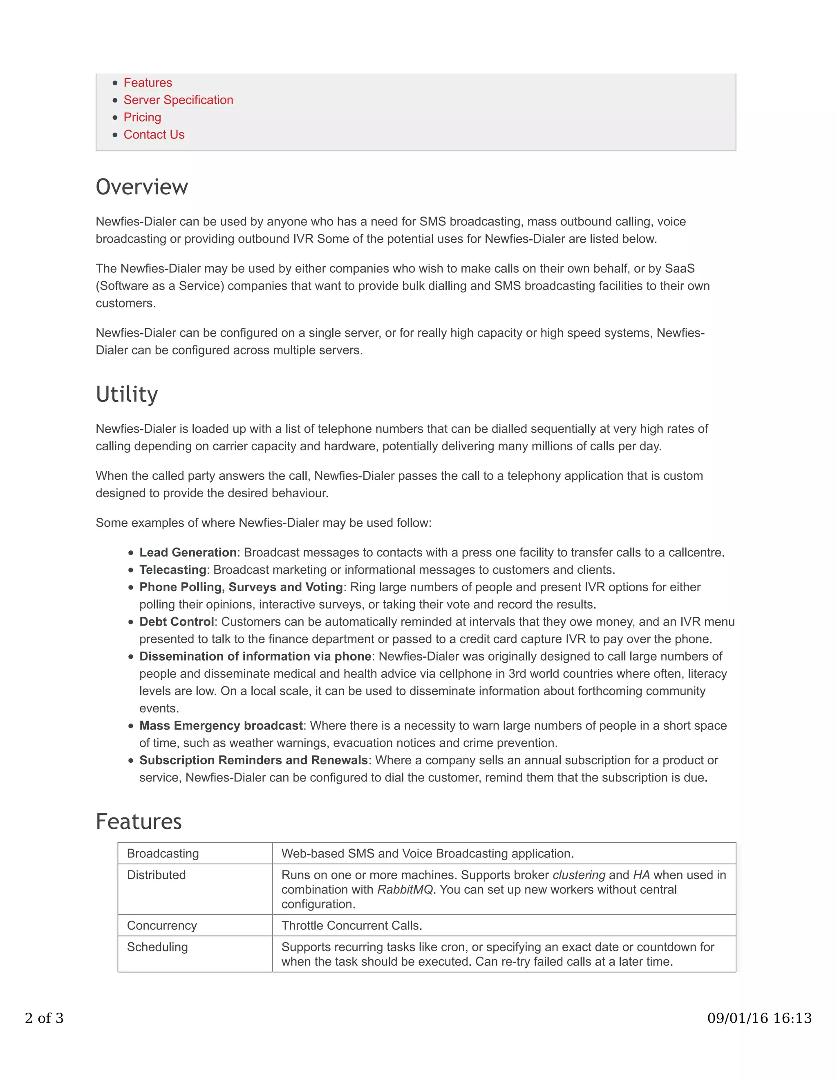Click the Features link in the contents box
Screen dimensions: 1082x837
pos(148,83)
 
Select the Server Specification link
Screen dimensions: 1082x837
pos(178,100)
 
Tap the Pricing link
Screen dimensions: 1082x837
pos(142,118)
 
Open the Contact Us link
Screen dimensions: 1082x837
pos(154,135)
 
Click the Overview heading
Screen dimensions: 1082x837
pos(142,187)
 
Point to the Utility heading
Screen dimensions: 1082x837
pos(127,395)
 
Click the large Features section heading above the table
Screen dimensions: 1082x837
pos(139,822)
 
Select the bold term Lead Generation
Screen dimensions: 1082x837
pos(188,552)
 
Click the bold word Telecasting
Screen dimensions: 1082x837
pos(172,570)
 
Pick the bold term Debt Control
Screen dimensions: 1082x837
pos(177,622)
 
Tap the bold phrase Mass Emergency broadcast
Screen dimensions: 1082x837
pos(221,726)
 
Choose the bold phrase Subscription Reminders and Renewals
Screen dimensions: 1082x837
pos(253,761)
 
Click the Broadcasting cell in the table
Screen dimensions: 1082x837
pos(163,854)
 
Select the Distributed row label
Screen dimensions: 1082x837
pos(156,875)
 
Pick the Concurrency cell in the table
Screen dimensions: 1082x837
pos(162,926)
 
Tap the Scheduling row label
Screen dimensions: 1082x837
pos(158,947)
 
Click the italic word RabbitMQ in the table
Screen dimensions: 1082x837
pos(405,889)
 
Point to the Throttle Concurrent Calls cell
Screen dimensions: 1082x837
pos(351,926)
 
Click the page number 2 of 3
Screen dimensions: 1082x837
pos(44,1018)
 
